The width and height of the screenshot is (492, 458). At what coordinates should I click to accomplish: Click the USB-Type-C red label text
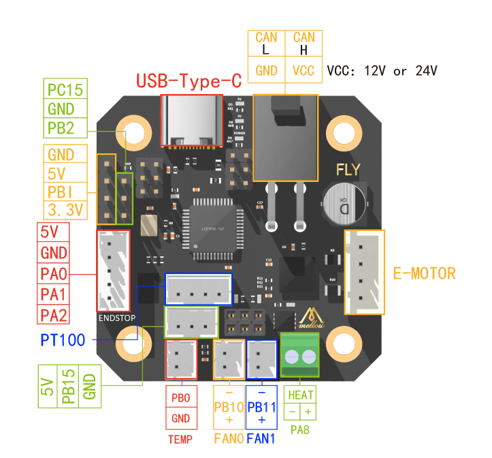tap(189, 81)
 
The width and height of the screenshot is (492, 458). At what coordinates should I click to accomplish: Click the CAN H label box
tap(304, 44)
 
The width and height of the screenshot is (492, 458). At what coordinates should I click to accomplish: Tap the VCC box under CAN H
tap(304, 70)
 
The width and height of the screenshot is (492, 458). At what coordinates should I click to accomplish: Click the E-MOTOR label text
tap(425, 274)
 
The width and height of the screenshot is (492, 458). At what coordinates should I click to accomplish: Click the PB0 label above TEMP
tap(181, 397)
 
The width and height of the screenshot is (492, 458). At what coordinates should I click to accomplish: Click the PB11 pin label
tap(261, 407)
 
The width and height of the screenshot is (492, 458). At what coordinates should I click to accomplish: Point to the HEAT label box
tap(300, 395)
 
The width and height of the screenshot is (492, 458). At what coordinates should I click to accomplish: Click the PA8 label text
tap(300, 430)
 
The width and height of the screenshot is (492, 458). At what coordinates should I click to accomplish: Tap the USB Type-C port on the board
tap(191, 120)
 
